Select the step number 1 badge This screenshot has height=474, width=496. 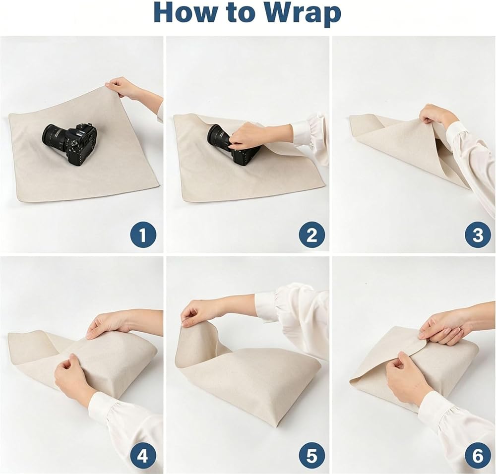143,235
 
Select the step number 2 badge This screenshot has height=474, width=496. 311,235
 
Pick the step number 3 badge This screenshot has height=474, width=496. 478,235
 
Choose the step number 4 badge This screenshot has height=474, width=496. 143,456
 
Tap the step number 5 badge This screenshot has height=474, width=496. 311,456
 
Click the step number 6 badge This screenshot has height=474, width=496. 478,456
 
